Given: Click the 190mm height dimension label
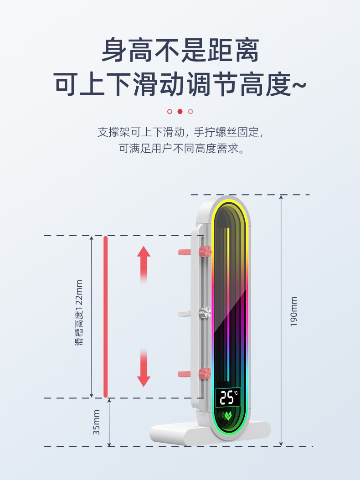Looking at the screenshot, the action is pos(294,311).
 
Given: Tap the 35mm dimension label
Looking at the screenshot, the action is pos(96,422).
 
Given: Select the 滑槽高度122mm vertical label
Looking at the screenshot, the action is pos(80,312).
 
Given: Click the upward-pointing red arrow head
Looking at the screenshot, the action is pos(144,252).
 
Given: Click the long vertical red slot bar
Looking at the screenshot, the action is pos(106,316).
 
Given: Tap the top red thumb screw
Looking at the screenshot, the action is pos(205,251).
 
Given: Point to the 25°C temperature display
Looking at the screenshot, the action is pos(228,397).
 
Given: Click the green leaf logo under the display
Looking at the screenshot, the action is pos(227,416).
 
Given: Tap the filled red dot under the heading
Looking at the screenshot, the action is pos(180,111).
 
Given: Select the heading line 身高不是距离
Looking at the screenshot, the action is pos(180,50).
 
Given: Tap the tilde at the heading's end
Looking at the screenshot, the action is pos(298,85).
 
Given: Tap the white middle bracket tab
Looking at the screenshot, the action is pos(184,313).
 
